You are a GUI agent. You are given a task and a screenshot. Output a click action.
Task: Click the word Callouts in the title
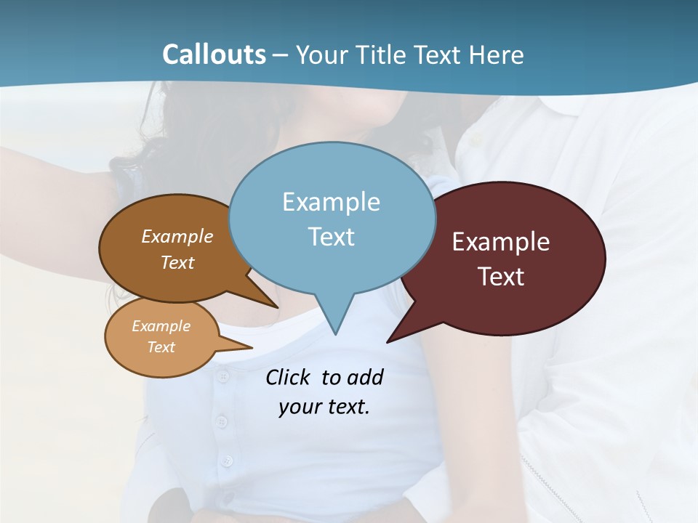(x=214, y=54)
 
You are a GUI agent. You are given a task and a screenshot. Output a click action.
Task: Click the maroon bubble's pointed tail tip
(x=388, y=341)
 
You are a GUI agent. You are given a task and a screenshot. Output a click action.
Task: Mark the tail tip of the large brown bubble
(x=277, y=307)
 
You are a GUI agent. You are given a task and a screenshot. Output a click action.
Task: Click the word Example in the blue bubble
(x=331, y=202)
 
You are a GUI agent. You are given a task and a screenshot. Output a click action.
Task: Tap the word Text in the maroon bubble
(x=502, y=277)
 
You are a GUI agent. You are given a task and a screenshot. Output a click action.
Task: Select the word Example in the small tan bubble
(x=161, y=326)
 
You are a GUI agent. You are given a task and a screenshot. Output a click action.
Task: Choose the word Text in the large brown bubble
(x=177, y=263)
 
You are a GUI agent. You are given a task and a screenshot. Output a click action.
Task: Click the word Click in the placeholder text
(x=287, y=378)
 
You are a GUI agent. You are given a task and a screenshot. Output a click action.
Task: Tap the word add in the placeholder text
(x=365, y=378)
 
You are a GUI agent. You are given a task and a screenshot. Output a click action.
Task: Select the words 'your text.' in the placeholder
(x=324, y=407)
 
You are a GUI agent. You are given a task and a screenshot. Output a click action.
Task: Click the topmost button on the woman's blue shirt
(x=223, y=376)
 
